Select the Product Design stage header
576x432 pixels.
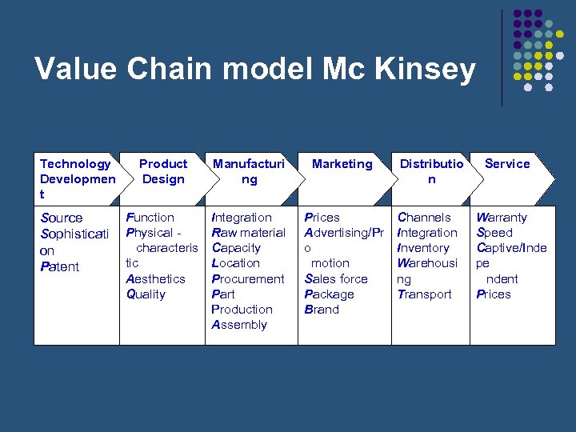coord(163,171)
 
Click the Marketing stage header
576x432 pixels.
coord(342,164)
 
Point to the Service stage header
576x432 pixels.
coord(507,164)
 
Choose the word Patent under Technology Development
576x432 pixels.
coord(59,266)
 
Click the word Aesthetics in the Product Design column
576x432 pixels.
coord(155,278)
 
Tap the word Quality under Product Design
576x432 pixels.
coord(146,294)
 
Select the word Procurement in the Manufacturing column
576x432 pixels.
coord(247,278)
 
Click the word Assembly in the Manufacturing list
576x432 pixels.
coord(239,325)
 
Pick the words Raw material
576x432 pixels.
coord(248,233)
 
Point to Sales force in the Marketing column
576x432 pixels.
coord(336,278)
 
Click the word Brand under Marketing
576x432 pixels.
coord(322,309)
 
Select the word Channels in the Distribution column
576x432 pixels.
coord(424,218)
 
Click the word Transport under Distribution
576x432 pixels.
coord(424,294)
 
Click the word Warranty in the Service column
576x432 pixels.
coord(502,218)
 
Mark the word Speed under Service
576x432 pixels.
coord(494,233)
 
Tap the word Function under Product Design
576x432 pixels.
coord(150,218)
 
